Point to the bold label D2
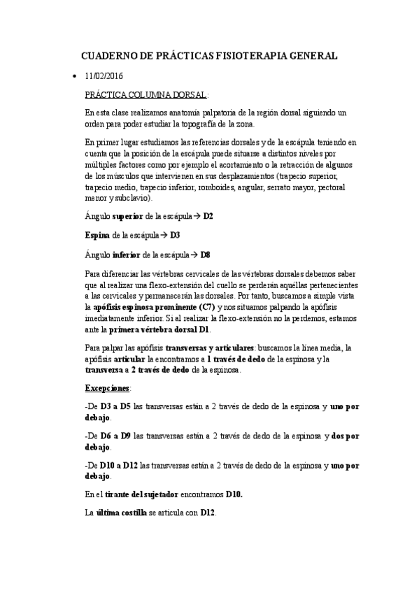click(208, 217)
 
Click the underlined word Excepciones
click(106, 387)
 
